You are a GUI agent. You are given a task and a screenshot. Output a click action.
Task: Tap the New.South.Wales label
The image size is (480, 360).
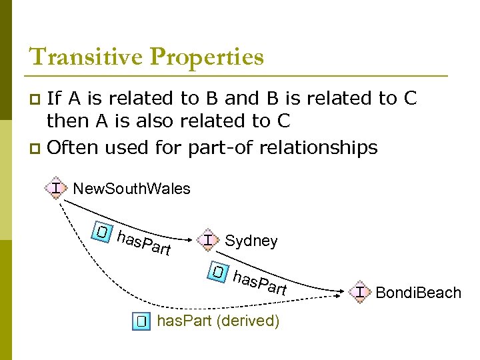131,189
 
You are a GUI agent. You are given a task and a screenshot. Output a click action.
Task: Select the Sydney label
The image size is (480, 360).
251,241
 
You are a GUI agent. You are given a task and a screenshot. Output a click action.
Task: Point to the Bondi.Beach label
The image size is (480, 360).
418,292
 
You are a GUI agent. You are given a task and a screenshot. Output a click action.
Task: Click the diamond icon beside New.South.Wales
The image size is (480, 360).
57,188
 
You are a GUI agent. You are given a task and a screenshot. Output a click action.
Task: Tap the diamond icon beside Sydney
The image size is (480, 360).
209,240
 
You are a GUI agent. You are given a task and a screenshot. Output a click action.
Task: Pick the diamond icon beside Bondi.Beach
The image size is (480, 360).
361,291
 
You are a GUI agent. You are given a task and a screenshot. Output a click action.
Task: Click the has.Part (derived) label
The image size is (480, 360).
217,321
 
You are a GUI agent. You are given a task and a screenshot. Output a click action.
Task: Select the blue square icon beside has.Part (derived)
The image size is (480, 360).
141,321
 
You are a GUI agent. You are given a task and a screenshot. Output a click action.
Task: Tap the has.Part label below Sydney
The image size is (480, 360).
260,283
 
